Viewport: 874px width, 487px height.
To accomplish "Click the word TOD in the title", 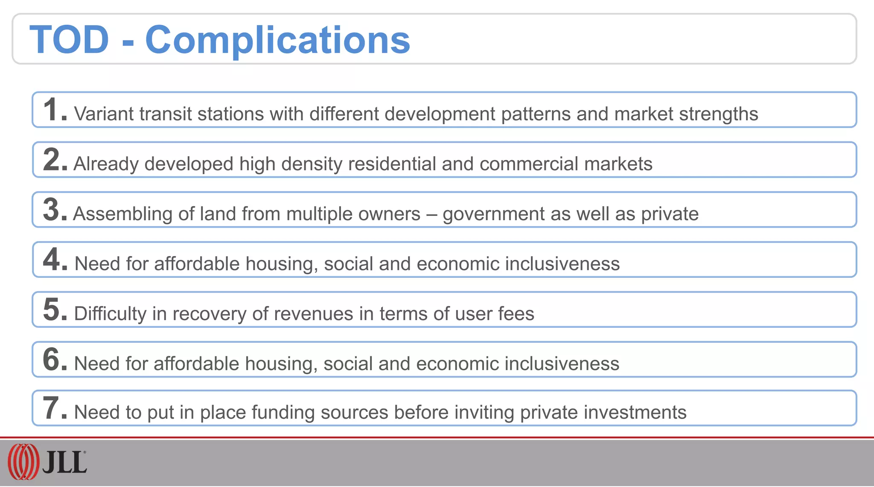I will point(69,40).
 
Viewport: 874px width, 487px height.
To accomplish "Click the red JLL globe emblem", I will point(23,462).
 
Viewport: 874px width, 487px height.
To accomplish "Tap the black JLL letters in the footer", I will point(64,463).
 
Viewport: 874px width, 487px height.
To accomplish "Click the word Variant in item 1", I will point(104,114).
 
